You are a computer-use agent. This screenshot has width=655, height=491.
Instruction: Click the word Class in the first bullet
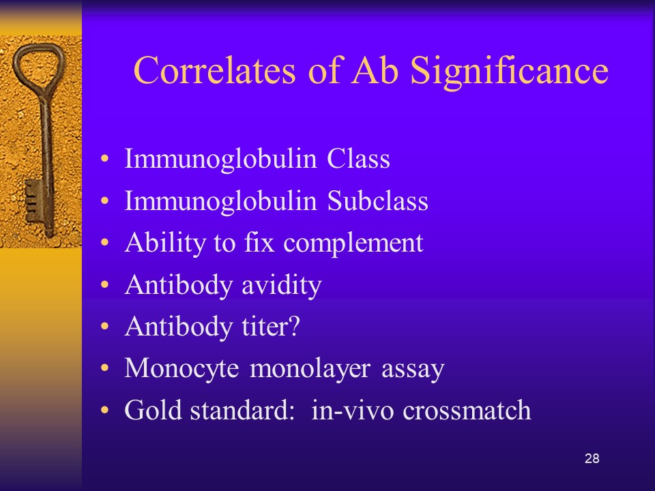click(x=358, y=159)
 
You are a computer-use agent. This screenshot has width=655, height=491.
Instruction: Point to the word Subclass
click(x=377, y=200)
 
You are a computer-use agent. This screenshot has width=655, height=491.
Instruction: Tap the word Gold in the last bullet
click(x=153, y=410)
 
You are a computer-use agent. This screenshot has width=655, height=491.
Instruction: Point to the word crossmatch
click(x=467, y=410)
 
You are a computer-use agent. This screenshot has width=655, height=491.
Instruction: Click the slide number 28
click(x=592, y=458)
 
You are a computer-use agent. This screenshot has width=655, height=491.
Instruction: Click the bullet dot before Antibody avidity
click(x=104, y=285)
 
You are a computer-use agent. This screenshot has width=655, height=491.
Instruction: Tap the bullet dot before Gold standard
click(x=104, y=410)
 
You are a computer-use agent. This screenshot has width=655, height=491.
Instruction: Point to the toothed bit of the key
click(x=34, y=201)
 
